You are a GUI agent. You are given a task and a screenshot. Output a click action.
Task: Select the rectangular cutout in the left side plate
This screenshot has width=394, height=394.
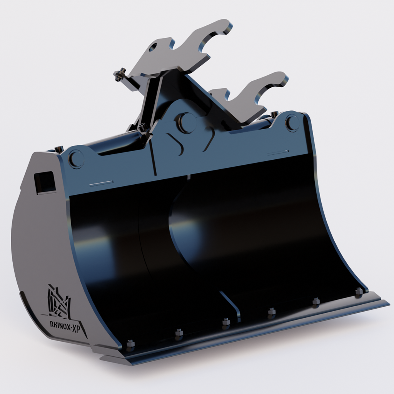45,182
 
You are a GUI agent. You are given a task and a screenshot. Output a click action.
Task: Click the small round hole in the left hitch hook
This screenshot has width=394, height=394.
153,47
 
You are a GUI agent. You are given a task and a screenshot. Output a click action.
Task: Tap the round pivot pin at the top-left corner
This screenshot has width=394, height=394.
76,158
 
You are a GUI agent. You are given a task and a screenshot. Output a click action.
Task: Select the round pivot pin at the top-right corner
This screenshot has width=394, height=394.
292,123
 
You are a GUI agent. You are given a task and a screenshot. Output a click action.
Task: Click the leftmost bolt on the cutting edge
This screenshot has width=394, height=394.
130,343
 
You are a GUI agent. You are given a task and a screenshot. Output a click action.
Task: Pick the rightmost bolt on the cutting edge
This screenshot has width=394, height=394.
359,291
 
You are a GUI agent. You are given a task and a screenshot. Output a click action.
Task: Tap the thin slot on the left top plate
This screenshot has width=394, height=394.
101,183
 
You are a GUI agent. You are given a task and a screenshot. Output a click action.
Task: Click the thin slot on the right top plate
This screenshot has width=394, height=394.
278,153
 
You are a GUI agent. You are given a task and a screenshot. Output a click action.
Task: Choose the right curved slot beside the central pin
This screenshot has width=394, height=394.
210,138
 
